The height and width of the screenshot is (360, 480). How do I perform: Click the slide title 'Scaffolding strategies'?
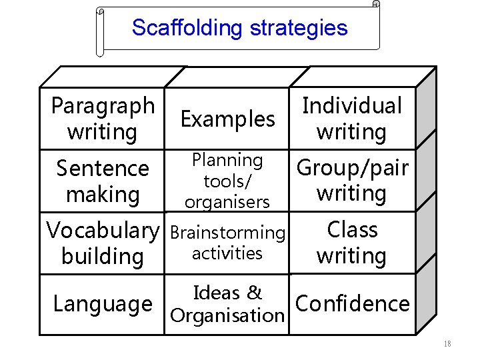[x=239, y=28]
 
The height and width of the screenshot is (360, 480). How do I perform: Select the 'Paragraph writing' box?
[x=102, y=119]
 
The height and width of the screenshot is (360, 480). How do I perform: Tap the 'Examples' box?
[x=227, y=119]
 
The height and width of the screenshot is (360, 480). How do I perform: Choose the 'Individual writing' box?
[x=352, y=119]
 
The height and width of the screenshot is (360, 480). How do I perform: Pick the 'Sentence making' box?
[x=102, y=181]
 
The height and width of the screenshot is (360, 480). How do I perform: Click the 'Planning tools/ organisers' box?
[x=227, y=181]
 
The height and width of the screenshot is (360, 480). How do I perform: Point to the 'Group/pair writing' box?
[x=352, y=180]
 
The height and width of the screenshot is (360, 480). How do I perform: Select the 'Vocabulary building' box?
[x=102, y=243]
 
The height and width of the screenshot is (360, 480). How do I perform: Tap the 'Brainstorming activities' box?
[x=227, y=243]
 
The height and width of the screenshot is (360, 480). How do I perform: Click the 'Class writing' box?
[x=352, y=243]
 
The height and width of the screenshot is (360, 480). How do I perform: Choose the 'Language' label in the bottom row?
[x=102, y=304]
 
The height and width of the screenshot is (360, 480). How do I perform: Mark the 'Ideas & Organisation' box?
[x=227, y=304]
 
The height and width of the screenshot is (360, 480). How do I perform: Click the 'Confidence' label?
[x=352, y=303]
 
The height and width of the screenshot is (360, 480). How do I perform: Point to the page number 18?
[x=447, y=344]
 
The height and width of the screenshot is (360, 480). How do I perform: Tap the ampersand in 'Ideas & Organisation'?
[x=254, y=293]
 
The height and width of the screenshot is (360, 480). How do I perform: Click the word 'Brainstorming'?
[x=227, y=233]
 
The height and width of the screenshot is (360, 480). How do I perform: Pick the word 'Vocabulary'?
[x=103, y=231]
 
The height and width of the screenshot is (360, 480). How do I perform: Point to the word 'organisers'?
[x=227, y=202]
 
